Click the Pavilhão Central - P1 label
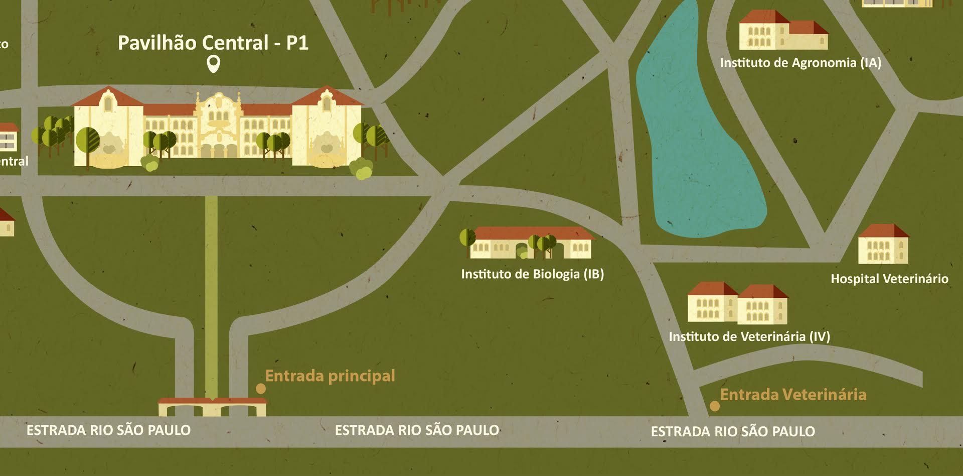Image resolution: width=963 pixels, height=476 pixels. pyautogui.click(x=213, y=43)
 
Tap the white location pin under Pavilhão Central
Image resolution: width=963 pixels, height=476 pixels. pyautogui.click(x=214, y=64)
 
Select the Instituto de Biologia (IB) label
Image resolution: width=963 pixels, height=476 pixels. pyautogui.click(x=532, y=274)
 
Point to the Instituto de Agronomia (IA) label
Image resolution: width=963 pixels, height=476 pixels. pyautogui.click(x=800, y=63)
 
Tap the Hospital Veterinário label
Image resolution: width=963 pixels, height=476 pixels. pyautogui.click(x=889, y=279)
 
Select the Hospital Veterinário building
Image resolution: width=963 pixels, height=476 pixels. pyautogui.click(x=883, y=245)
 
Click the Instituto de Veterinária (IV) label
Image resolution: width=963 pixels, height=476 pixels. pyautogui.click(x=749, y=336)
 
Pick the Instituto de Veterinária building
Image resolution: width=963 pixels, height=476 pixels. pyautogui.click(x=737, y=303)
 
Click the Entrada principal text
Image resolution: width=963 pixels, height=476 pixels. pyautogui.click(x=330, y=376)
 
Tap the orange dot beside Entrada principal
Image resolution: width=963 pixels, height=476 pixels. pyautogui.click(x=261, y=388)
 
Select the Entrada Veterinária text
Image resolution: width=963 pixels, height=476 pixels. pyautogui.click(x=793, y=395)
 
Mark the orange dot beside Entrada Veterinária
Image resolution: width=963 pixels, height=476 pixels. pyautogui.click(x=715, y=406)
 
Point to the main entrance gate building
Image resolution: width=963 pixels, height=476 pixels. pyautogui.click(x=212, y=407)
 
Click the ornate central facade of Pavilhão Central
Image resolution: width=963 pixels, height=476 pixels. pyautogui.click(x=218, y=126)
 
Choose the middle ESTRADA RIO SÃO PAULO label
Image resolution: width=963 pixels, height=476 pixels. pyautogui.click(x=417, y=430)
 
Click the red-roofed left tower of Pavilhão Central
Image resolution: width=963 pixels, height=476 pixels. pyautogui.click(x=107, y=128)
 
